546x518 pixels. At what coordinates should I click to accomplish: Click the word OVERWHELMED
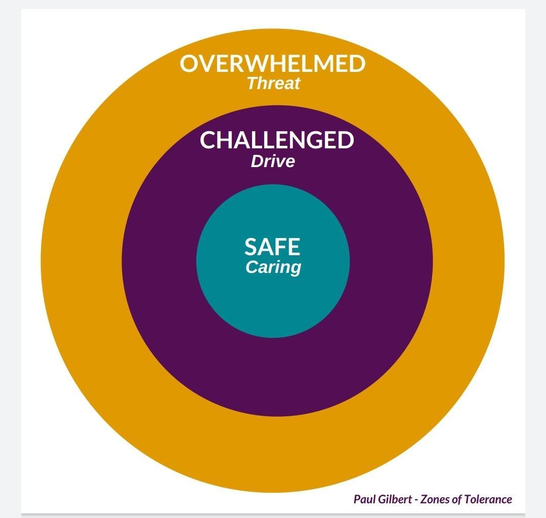(272, 64)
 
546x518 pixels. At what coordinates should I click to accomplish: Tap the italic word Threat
(273, 83)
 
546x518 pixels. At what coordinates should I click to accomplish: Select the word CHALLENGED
(277, 140)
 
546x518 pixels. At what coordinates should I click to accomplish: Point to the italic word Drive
(273, 162)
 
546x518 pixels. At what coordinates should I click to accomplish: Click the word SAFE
(272, 247)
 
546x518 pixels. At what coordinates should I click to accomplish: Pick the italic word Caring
(273, 267)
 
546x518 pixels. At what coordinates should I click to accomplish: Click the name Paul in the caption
(364, 499)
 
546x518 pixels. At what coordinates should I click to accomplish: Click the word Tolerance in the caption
(488, 499)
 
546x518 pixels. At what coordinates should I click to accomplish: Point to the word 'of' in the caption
(457, 499)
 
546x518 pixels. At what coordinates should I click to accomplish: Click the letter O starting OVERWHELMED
(189, 64)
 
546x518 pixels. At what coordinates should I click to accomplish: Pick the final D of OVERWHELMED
(357, 64)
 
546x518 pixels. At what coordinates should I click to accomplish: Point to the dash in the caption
(416, 500)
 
